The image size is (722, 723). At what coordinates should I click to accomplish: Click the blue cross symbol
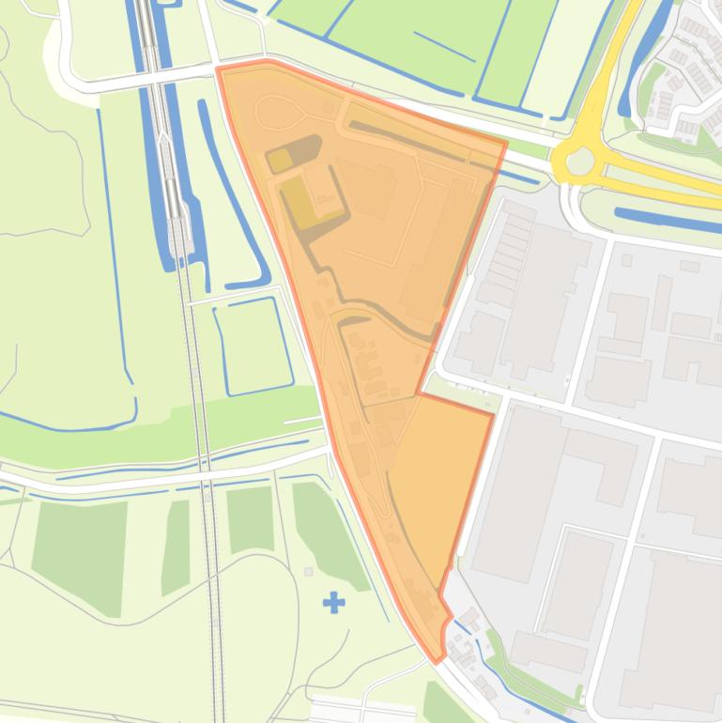[333, 603]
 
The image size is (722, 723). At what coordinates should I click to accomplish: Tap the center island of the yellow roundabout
[579, 162]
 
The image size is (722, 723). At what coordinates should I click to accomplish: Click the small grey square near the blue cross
[309, 571]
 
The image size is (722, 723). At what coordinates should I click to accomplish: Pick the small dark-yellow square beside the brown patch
[280, 161]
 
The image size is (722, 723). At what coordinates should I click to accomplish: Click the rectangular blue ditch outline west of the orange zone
[252, 345]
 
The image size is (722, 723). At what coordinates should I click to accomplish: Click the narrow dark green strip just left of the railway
[177, 545]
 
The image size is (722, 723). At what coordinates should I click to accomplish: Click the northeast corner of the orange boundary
[505, 144]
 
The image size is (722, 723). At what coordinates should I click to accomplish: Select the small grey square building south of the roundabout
[626, 260]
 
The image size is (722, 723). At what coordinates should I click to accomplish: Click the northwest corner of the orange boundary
[219, 69]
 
